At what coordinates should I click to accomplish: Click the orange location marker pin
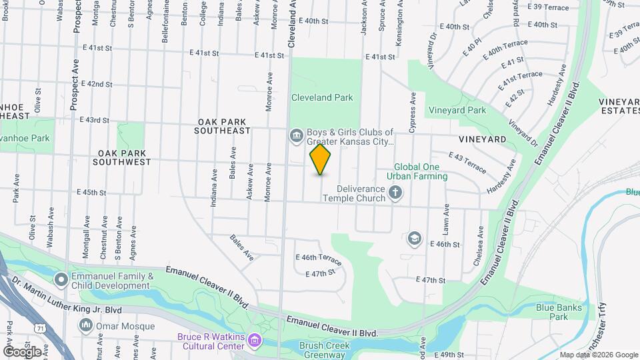[321, 159]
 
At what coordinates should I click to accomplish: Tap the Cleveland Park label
[322, 97]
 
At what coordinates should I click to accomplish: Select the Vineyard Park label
[457, 110]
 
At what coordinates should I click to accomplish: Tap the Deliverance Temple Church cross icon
[395, 193]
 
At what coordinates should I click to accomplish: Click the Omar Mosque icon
[85, 325]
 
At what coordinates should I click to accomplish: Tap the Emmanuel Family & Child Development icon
[61, 279]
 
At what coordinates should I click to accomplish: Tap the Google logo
[22, 351]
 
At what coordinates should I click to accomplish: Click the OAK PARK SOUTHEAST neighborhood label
[223, 127]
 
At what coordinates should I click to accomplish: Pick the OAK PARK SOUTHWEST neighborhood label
[121, 157]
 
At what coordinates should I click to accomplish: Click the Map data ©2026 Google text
[598, 355]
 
